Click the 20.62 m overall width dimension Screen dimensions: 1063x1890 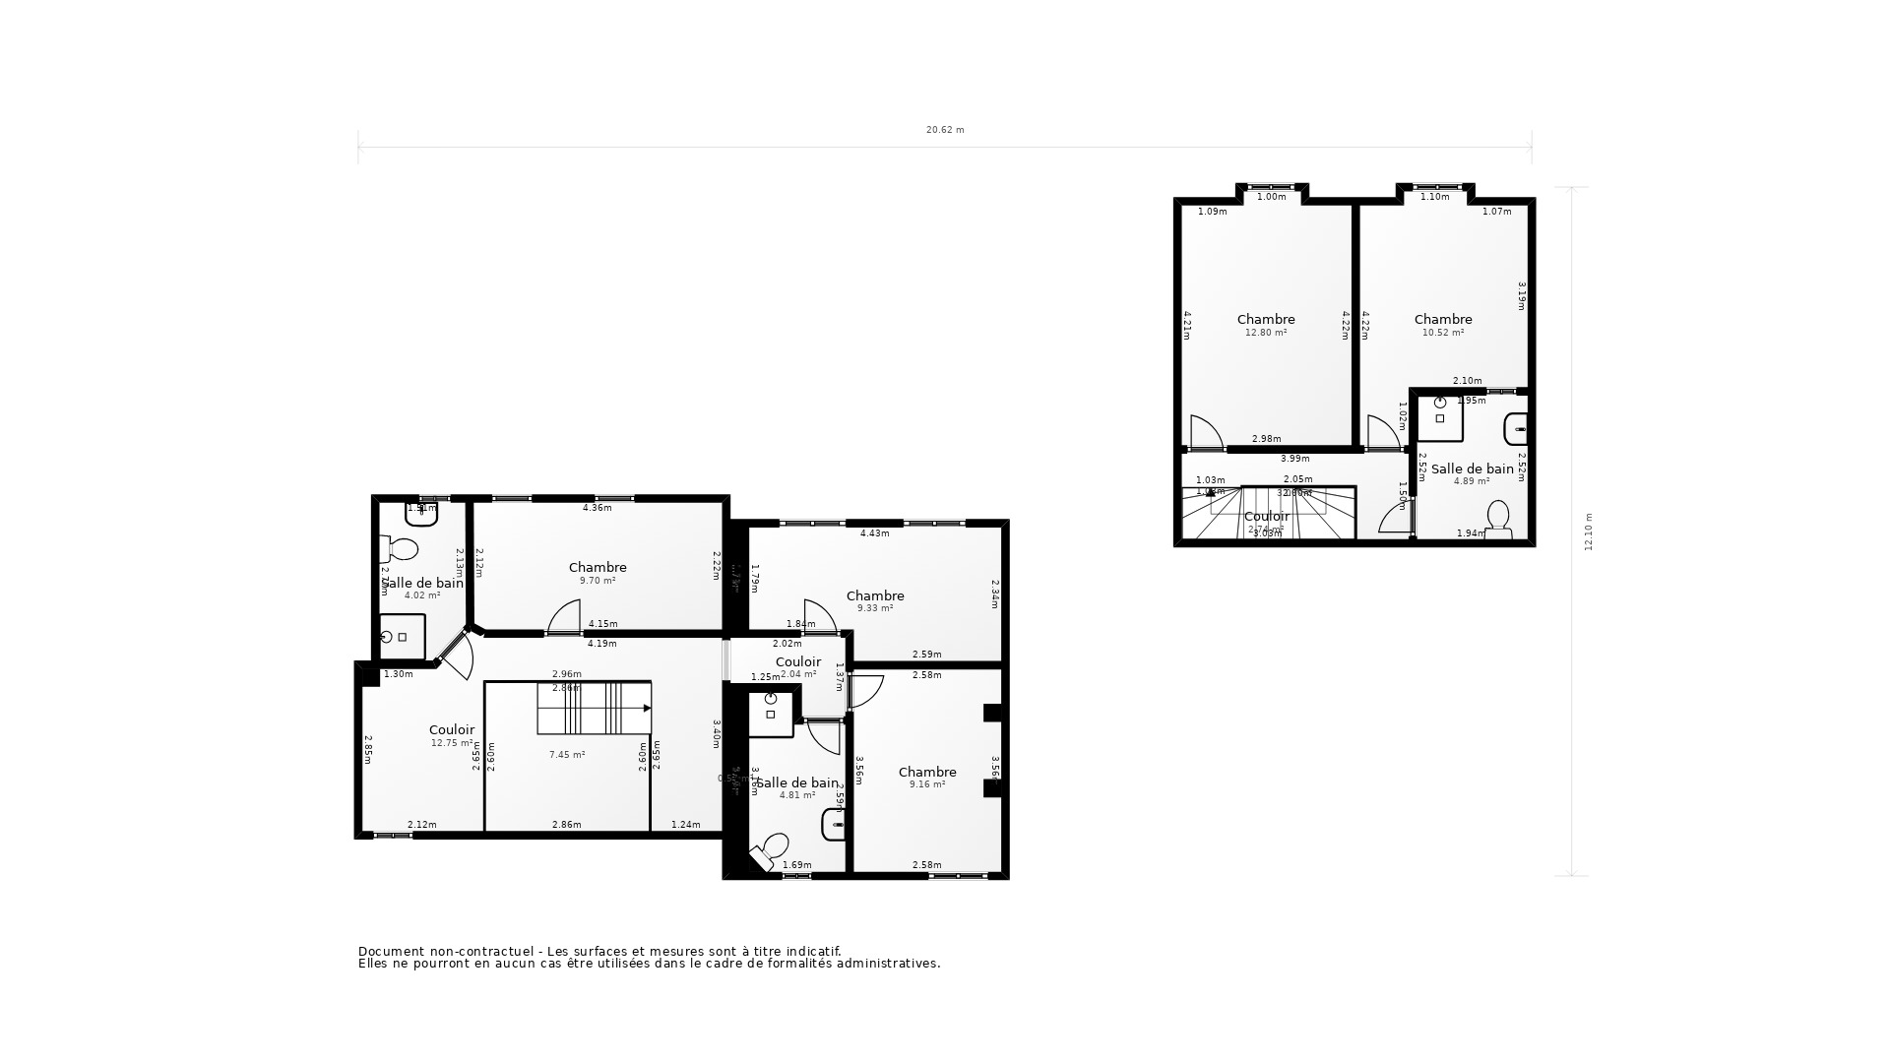tap(945, 130)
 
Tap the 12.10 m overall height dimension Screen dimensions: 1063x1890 tap(1588, 531)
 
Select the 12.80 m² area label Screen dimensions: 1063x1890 tap(1266, 333)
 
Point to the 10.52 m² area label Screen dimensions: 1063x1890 tap(1443, 333)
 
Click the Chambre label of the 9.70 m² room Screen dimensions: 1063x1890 tap(598, 567)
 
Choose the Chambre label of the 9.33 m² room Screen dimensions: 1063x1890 tap(875, 595)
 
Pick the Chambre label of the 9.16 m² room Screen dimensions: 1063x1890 tap(927, 772)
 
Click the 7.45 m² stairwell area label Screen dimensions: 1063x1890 tap(567, 755)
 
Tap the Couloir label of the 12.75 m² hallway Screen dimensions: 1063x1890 tap(452, 729)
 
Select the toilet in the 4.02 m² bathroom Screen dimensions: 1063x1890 tap(402, 547)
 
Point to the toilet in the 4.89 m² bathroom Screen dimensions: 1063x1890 tap(1498, 519)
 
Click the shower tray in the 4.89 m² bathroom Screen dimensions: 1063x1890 tap(1440, 418)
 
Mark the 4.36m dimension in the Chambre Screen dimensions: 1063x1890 tap(598, 508)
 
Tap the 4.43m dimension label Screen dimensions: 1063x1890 tap(875, 533)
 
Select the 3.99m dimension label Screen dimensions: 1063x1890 tap(1295, 459)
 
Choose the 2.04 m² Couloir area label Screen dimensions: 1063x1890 tap(798, 674)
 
